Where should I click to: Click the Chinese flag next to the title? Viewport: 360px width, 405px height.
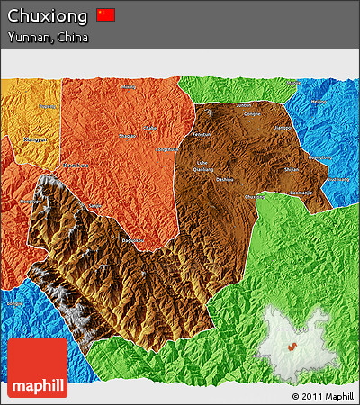tap(106, 14)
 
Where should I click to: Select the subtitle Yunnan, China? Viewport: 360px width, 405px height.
tap(48, 38)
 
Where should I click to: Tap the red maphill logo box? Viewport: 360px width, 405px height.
tap(37, 368)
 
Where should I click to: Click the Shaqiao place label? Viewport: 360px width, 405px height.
tap(129, 136)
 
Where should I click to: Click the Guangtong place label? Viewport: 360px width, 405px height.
tap(320, 157)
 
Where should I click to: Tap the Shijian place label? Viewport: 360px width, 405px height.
tap(292, 168)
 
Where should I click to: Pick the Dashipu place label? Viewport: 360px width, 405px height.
tap(224, 179)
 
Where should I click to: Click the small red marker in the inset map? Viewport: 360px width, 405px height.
tap(292, 346)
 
